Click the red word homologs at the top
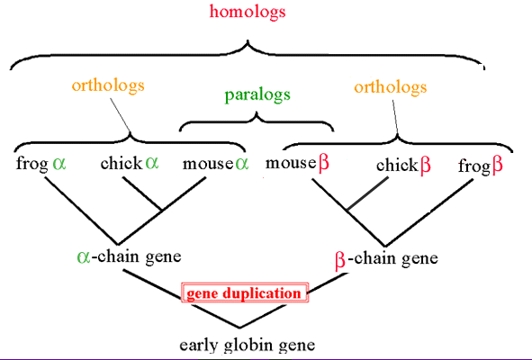tap(248, 11)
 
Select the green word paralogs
tap(257, 95)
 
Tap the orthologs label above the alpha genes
tap(108, 85)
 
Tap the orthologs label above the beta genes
tap(391, 87)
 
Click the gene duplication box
tap(245, 292)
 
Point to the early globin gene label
tap(247, 345)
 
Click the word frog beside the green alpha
tap(32, 164)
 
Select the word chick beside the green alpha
tap(122, 163)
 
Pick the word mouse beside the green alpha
tap(208, 164)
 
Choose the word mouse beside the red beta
tap(291, 163)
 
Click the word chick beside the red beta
tap(397, 166)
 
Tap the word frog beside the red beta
tap(474, 166)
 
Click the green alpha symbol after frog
tap(59, 164)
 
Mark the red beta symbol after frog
tap(498, 166)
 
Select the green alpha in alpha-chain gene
tap(84, 257)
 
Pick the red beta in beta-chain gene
tap(340, 261)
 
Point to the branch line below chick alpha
tap(142, 193)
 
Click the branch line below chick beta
tap(368, 193)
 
